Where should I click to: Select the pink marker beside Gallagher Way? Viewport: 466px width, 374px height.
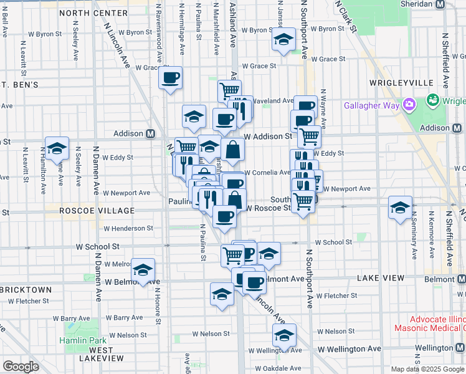pyautogui.click(x=409, y=104)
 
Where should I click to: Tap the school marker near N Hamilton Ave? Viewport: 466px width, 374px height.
pyautogui.click(x=57, y=148)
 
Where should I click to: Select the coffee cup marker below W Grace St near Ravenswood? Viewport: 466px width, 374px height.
pyautogui.click(x=170, y=78)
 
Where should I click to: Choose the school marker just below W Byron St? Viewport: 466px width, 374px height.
pyautogui.click(x=283, y=41)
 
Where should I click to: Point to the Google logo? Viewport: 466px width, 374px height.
pyautogui.click(x=20, y=367)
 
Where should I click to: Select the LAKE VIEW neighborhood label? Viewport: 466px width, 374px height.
pyautogui.click(x=378, y=276)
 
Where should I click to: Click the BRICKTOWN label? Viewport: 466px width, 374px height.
pyautogui.click(x=26, y=290)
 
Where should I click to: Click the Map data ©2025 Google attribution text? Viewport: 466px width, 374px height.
pyautogui.click(x=427, y=369)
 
